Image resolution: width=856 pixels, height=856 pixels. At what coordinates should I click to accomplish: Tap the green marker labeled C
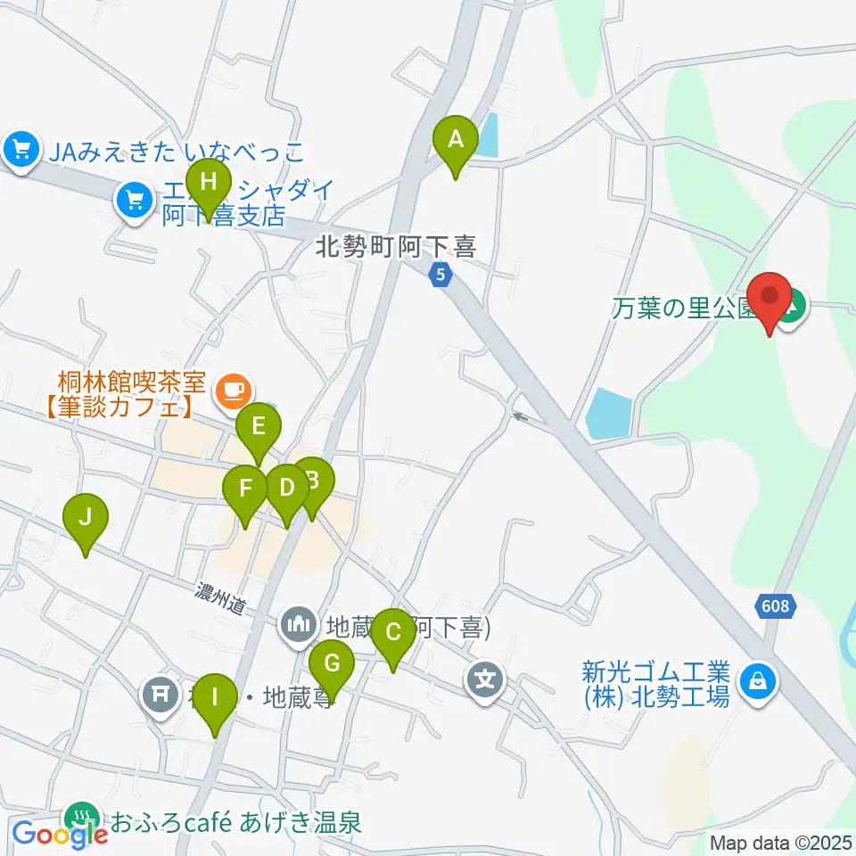coord(393,635)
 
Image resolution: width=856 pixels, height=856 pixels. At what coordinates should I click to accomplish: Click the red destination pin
coord(770,300)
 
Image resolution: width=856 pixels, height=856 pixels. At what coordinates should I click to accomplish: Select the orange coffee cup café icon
coord(235,389)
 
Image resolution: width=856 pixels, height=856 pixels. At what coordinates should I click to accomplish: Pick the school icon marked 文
coord(485,682)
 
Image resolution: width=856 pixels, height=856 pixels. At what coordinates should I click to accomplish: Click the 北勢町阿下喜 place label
coord(396,246)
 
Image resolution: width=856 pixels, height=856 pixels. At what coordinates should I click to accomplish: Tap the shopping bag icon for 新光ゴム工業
coord(757,683)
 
